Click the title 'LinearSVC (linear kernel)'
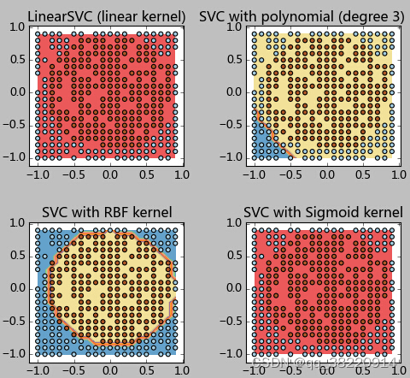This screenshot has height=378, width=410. click(107, 16)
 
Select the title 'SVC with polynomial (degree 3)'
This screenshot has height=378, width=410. click(302, 16)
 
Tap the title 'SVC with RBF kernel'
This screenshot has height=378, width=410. click(107, 212)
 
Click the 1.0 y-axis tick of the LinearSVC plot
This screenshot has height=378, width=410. click(16, 27)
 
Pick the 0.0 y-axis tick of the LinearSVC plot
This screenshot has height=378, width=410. click(16, 92)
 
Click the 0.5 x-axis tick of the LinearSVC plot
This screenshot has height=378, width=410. click(147, 174)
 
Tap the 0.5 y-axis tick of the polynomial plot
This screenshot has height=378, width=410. click(233, 60)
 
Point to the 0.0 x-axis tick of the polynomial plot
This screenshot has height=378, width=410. click(326, 174)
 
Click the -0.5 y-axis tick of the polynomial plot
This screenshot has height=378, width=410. click(231, 125)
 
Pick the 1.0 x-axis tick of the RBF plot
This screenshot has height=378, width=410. click(180, 369)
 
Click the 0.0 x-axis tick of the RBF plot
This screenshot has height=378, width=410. click(109, 369)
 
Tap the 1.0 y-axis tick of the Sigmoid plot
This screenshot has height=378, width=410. click(233, 222)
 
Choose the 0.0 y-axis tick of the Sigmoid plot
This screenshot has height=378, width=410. click(233, 288)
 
